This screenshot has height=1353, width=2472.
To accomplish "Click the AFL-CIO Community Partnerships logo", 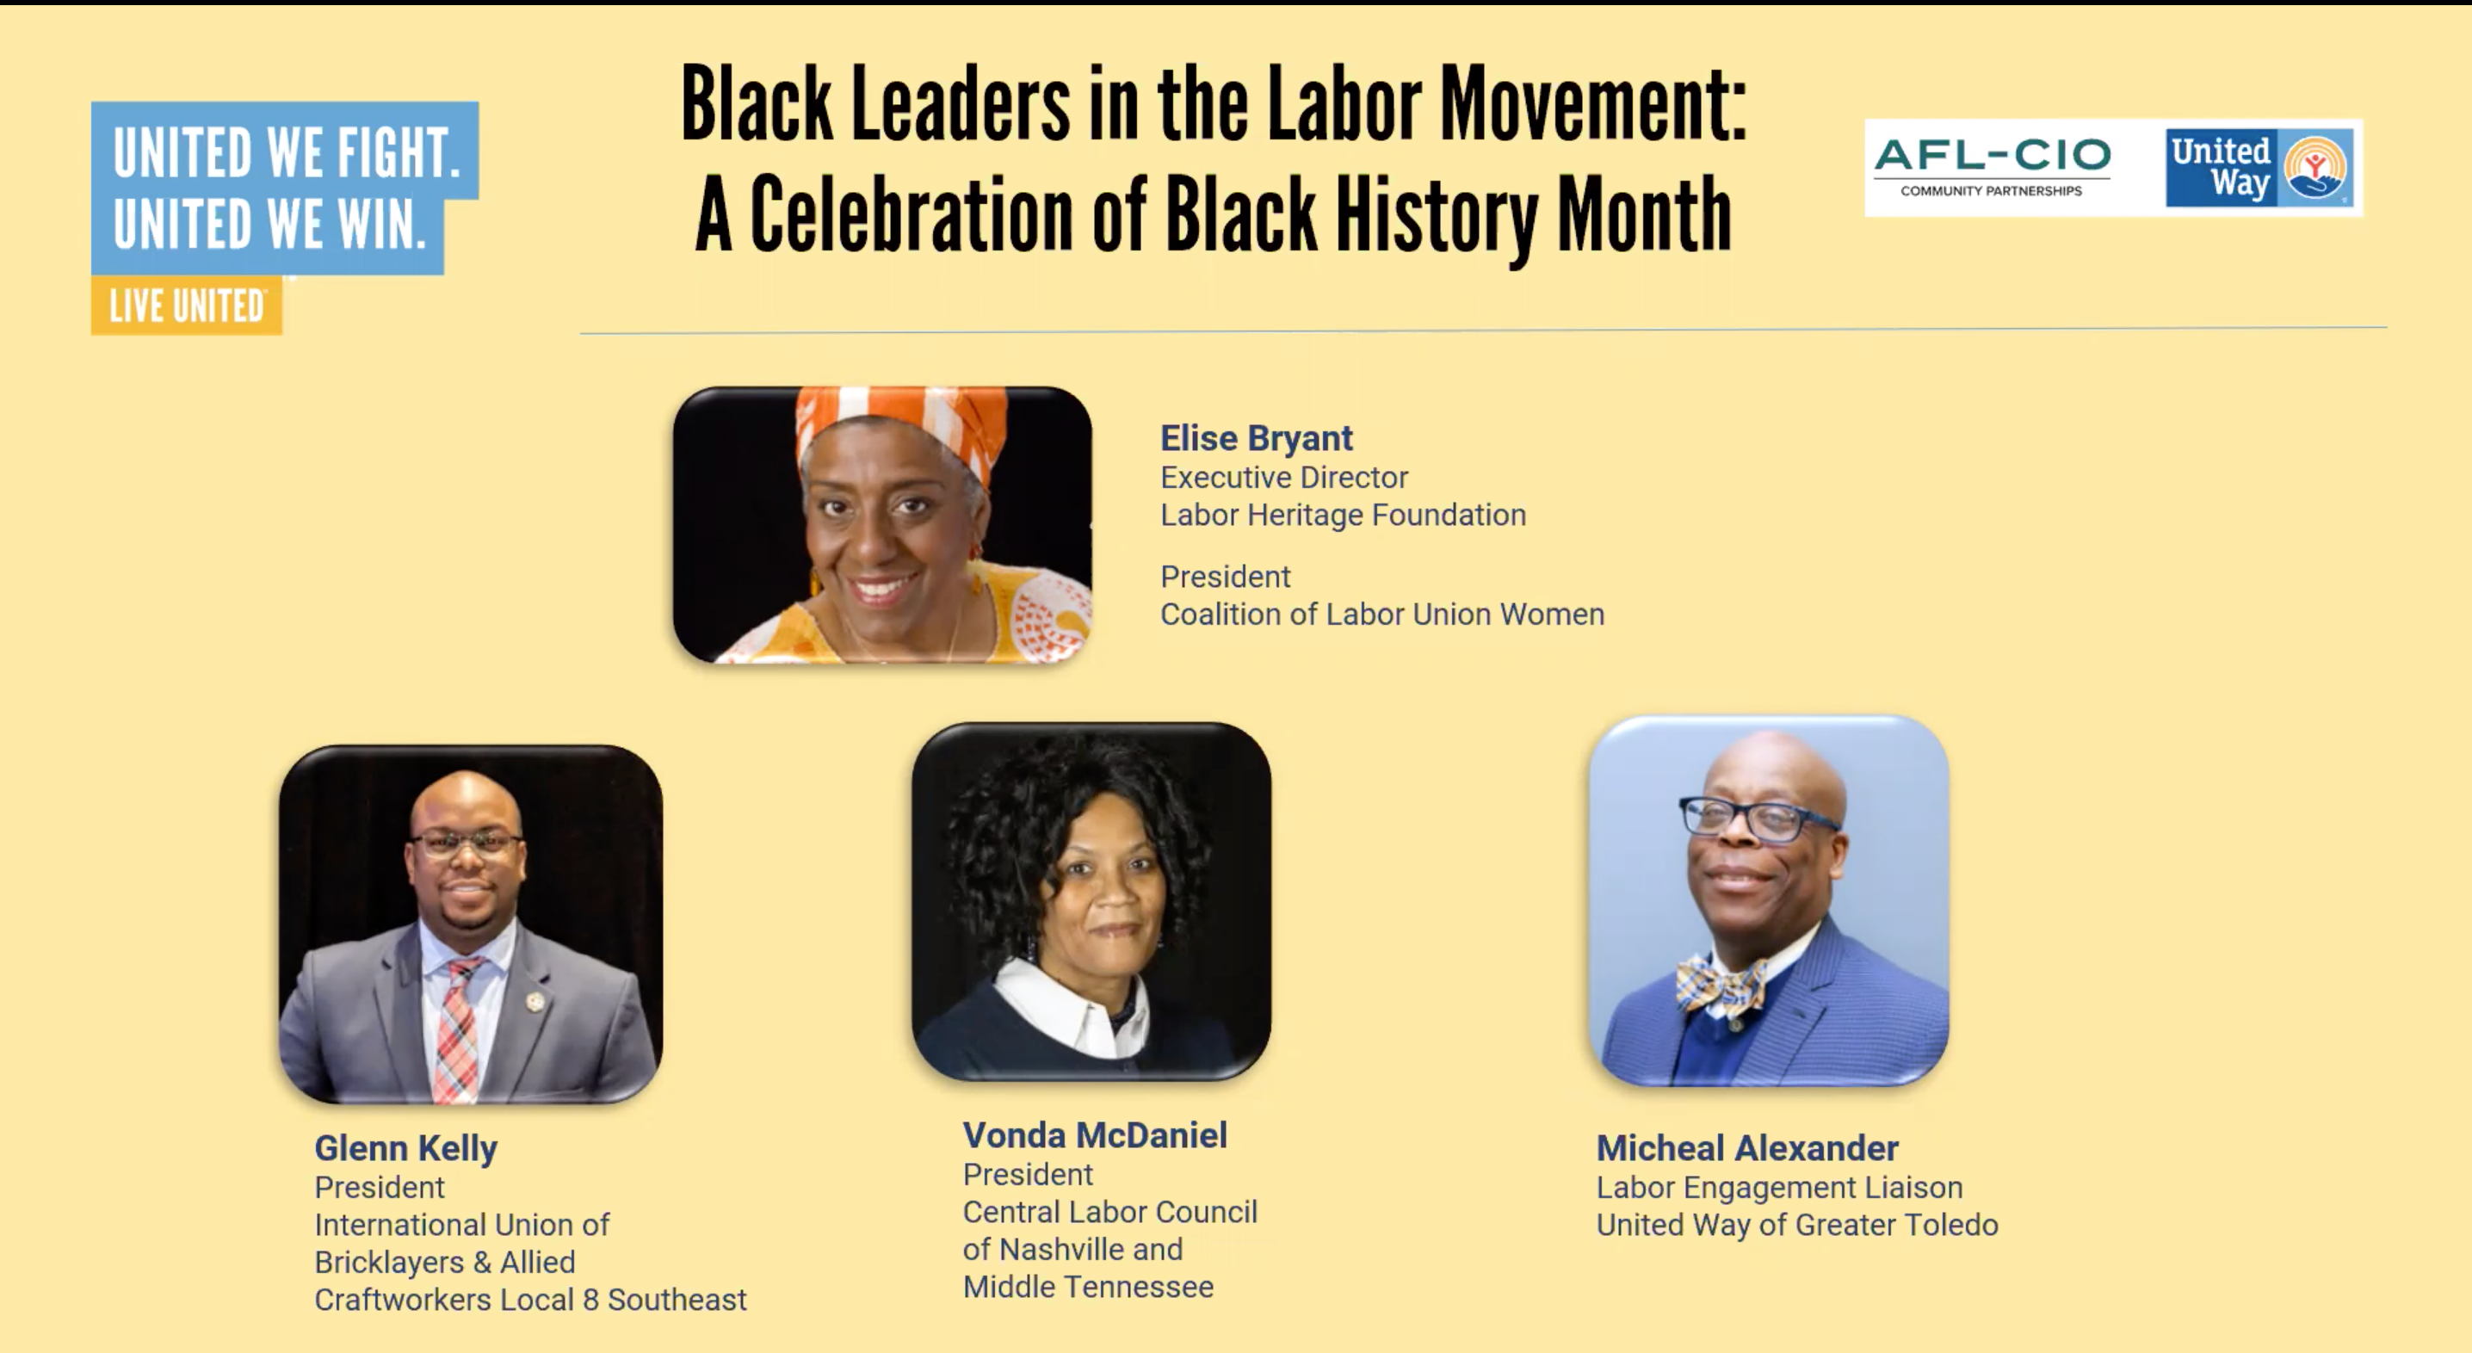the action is [1993, 167].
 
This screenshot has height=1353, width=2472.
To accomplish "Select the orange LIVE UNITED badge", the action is [186, 306].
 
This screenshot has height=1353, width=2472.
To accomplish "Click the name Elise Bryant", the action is [1256, 439].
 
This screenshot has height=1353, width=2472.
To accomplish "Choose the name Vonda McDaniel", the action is [1095, 1135].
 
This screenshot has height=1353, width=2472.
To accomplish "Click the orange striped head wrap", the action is [900, 428].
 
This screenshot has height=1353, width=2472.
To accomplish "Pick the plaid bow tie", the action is [1721, 985].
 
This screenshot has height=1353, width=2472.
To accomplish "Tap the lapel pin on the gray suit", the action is [535, 1002].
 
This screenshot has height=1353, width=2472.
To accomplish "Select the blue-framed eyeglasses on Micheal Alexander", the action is [1756, 819].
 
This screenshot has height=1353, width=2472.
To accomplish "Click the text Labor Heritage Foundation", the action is [1343, 516].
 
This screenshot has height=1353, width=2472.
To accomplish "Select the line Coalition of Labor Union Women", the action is [1381, 615].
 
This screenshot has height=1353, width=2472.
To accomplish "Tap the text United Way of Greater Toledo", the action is [1796, 1225].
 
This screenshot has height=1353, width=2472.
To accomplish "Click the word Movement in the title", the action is [1593, 103].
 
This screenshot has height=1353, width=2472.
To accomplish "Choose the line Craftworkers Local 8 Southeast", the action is [529, 1300].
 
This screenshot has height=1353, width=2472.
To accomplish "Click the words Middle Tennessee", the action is [1088, 1287].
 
